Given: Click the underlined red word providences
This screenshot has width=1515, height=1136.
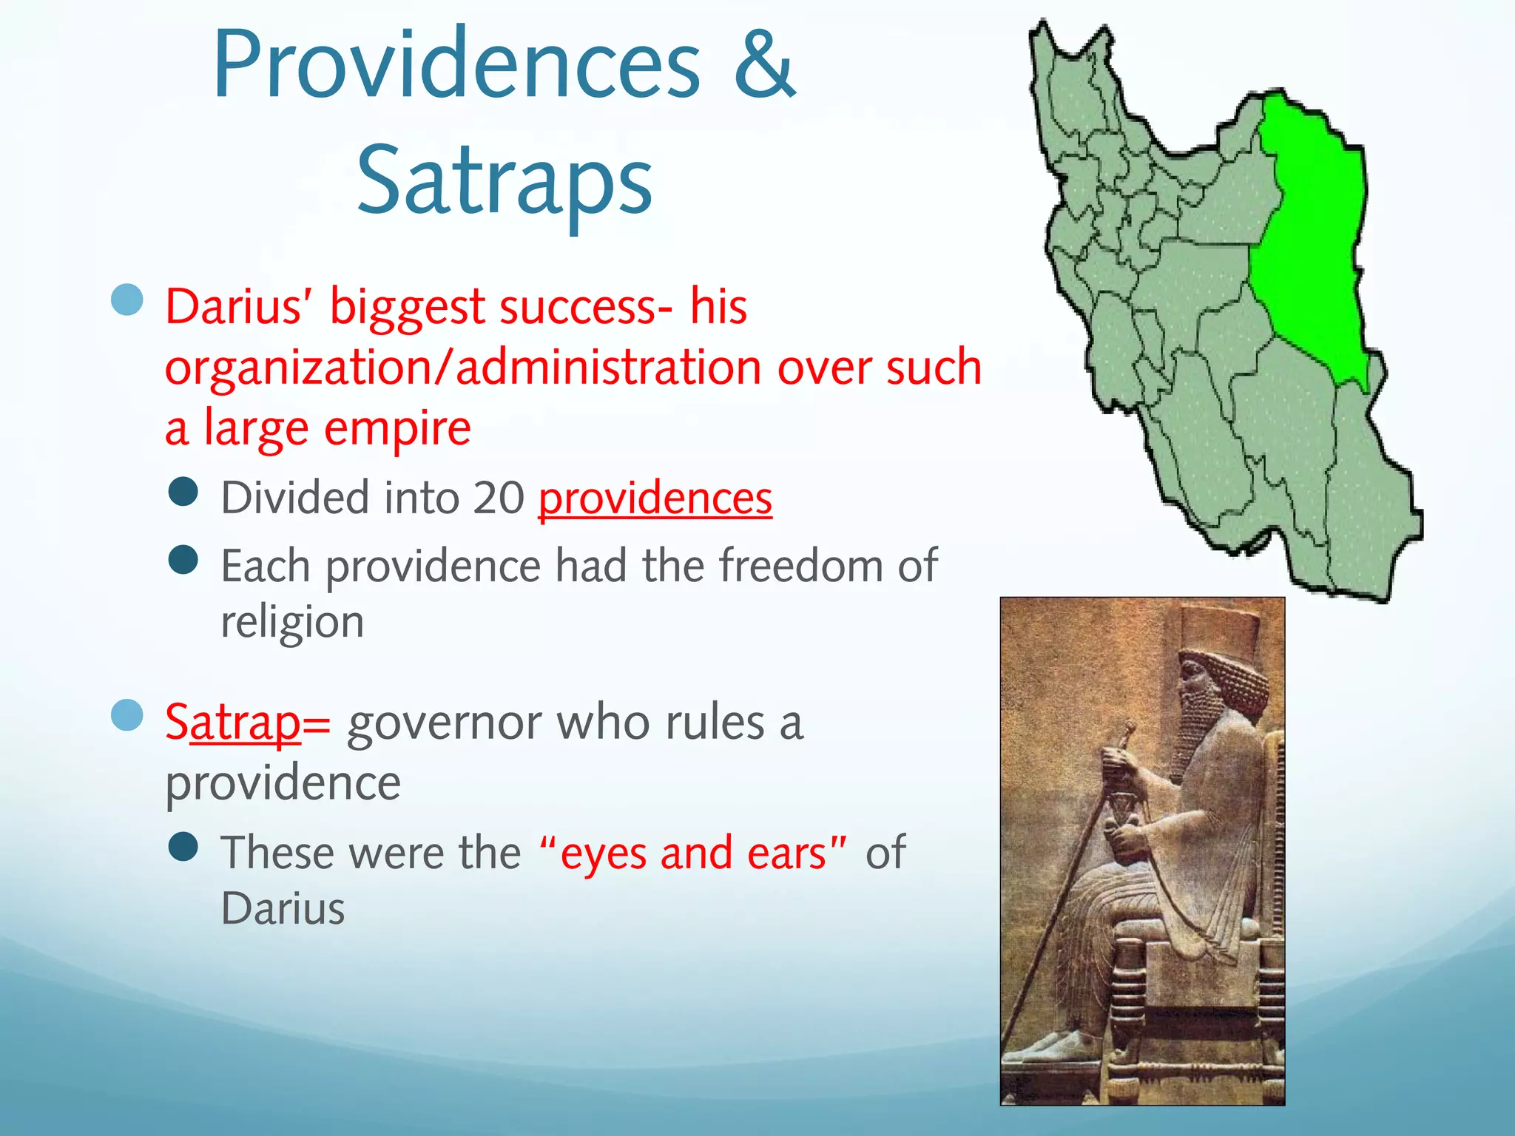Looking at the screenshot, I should click(x=655, y=498).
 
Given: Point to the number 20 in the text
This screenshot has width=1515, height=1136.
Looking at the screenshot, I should click(x=499, y=498).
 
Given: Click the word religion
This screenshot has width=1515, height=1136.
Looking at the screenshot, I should click(x=292, y=622).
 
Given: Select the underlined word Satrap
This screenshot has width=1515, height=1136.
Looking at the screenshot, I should click(x=233, y=722).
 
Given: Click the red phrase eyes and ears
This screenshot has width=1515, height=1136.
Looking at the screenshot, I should click(x=693, y=853).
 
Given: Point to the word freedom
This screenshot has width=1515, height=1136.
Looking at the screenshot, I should click(x=800, y=566).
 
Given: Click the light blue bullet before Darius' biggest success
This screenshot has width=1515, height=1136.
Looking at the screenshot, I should click(x=126, y=300).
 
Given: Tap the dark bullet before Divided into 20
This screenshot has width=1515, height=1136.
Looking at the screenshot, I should click(x=183, y=491).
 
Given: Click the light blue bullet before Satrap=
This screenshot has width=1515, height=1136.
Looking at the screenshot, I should click(x=126, y=715).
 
